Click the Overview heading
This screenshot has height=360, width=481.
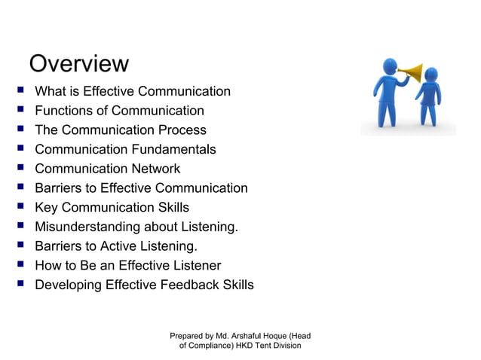[78, 63]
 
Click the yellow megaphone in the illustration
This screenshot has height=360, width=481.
[411, 73]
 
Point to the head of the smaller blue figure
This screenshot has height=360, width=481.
[430, 75]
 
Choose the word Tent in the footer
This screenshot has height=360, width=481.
[272, 346]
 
